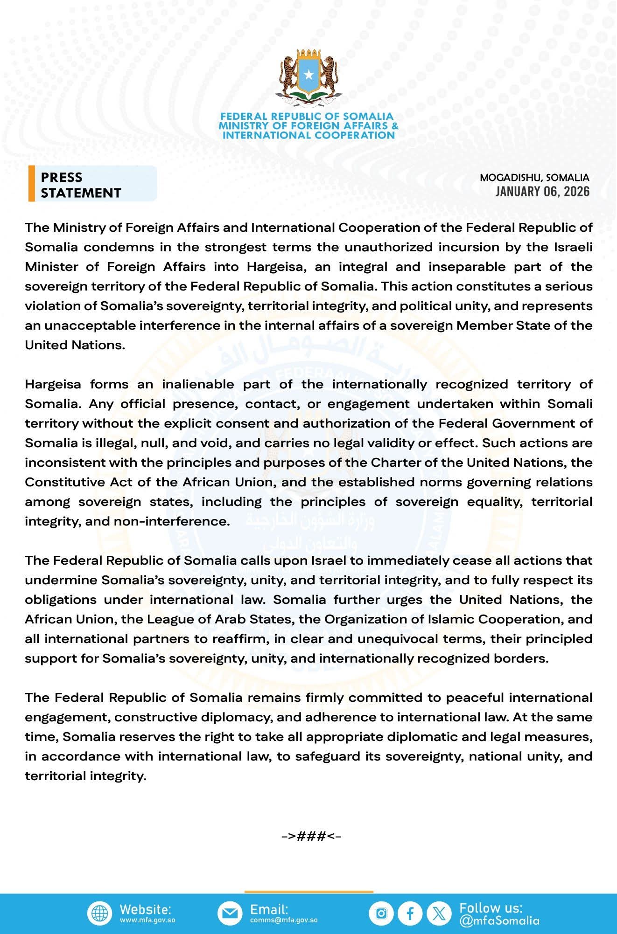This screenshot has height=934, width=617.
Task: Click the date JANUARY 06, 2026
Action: tap(542, 192)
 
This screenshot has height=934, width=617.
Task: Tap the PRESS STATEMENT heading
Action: tap(81, 185)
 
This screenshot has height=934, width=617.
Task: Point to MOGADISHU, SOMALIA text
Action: tap(534, 178)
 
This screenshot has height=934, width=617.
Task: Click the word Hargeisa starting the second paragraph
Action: tap(53, 384)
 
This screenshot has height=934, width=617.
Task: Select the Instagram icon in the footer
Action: tap(381, 913)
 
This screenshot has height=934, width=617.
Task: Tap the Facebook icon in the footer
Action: tap(410, 913)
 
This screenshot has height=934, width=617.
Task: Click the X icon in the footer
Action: tap(439, 913)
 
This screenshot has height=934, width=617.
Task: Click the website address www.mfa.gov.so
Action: tap(147, 920)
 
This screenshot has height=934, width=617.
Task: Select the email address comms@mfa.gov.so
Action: tap(284, 920)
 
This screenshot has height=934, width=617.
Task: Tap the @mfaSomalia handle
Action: tap(499, 920)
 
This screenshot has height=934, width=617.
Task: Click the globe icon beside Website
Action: tap(99, 913)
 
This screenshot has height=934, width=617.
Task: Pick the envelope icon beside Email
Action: tap(230, 913)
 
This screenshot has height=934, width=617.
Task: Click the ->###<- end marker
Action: tap(311, 836)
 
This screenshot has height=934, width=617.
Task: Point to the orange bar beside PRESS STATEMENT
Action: tap(31, 183)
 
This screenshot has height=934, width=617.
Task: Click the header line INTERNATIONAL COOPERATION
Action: tap(308, 135)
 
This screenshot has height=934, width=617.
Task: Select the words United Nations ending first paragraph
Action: tap(75, 345)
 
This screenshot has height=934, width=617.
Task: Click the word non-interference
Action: tap(172, 521)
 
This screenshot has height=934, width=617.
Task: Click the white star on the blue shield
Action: tap(308, 74)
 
